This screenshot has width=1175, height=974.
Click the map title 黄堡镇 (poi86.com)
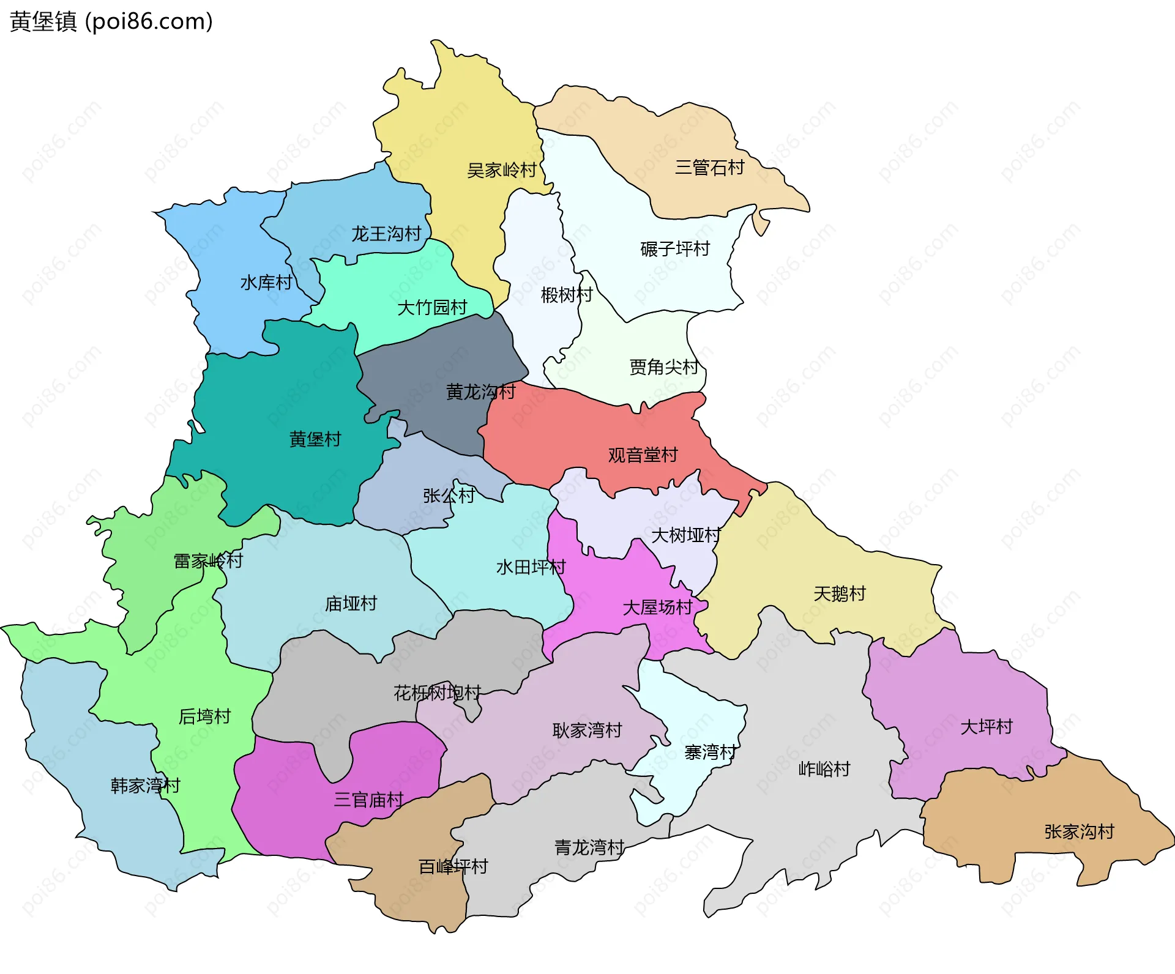(x=111, y=21)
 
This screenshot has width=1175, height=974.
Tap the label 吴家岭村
(x=501, y=170)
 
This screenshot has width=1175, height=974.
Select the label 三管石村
(x=709, y=167)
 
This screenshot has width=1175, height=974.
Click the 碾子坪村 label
(x=675, y=249)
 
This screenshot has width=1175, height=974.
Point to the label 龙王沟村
(x=386, y=234)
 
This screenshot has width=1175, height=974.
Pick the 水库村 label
(x=266, y=283)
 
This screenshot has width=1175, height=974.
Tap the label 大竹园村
(x=432, y=307)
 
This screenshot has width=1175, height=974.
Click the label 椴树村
(x=567, y=295)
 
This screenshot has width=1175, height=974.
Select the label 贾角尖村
(x=664, y=367)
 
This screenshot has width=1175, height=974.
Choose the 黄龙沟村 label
(x=481, y=392)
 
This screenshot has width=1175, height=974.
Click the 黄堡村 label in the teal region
(x=315, y=439)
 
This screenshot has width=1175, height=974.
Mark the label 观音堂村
(x=643, y=455)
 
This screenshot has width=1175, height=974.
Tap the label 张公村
(x=449, y=496)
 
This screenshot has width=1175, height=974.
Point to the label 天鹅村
(x=840, y=593)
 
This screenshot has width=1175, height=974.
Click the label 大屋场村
(x=657, y=608)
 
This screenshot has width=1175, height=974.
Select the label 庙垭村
(x=351, y=604)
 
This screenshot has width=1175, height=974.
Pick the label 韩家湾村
(x=145, y=786)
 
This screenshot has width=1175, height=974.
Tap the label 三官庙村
(x=368, y=800)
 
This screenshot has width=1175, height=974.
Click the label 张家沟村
(x=1080, y=831)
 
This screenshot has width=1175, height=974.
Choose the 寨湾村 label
(x=710, y=752)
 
